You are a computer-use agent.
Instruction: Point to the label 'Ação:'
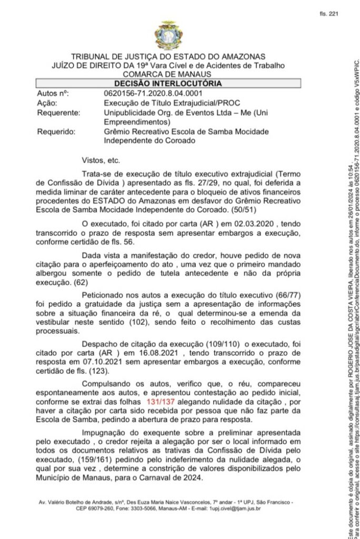48,103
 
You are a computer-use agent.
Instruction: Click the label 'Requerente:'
58,112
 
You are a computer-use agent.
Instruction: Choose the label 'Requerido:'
56,132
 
